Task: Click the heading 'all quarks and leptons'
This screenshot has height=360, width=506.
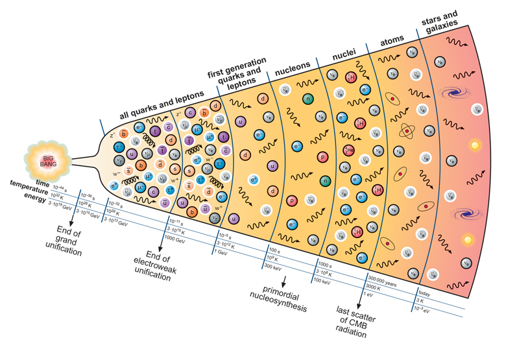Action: (162, 103)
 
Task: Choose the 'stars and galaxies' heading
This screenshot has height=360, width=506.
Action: (444, 25)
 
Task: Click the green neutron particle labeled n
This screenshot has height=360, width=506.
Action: (308, 99)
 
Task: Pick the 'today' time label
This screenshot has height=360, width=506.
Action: (427, 293)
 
